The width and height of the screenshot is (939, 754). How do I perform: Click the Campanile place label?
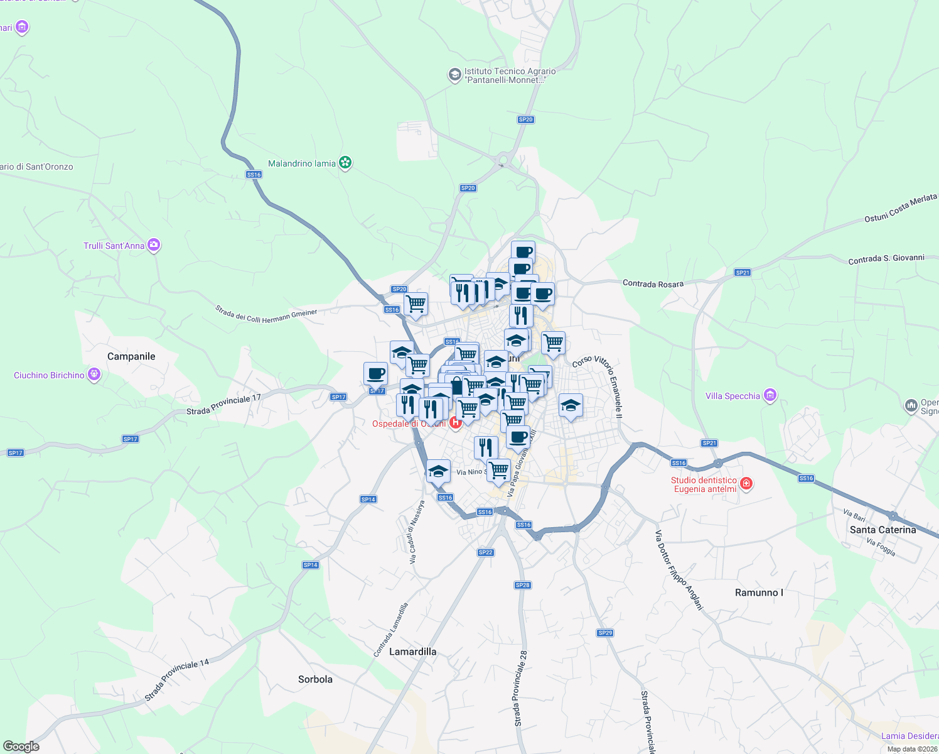pos(131,356)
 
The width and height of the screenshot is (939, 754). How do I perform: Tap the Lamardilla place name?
pos(412,652)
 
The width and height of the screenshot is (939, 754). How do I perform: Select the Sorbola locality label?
pos(315,679)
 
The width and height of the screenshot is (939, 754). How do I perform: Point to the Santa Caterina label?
pos(883,530)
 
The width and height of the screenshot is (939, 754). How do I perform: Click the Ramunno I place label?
pos(759,593)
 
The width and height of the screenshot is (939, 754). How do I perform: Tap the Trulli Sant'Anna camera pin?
pos(154,245)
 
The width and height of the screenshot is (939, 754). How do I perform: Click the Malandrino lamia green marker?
pos(345,163)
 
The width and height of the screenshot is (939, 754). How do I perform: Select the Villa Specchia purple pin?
pos(770,395)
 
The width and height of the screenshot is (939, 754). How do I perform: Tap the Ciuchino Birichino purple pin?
pos(94,375)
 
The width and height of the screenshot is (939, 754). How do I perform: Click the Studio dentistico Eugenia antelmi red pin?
pos(746,483)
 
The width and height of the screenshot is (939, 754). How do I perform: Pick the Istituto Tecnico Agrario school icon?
pos(454,75)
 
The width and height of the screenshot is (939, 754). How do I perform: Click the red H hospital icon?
pos(456,423)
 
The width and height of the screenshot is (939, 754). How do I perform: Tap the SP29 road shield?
pos(605,633)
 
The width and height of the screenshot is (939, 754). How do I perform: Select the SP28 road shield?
pos(522,585)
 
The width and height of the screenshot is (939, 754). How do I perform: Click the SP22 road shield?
pos(485,552)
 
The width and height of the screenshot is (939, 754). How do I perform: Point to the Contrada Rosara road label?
pos(653,284)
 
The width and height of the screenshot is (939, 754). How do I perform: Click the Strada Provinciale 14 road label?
pos(176,680)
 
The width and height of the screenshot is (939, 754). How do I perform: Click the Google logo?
pos(21,746)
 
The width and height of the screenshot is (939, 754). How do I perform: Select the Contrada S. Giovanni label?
pos(886,259)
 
